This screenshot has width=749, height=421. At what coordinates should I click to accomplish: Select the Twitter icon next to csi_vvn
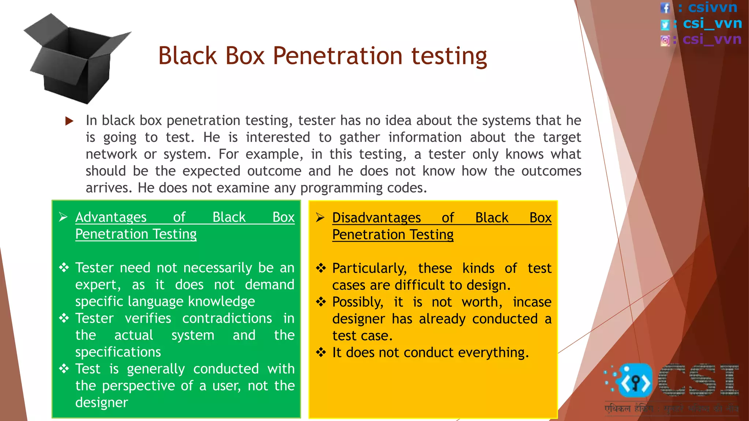point(665,24)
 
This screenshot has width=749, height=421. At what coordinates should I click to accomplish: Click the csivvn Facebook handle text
point(712,7)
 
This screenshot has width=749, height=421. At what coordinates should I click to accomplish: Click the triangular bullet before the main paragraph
point(69,121)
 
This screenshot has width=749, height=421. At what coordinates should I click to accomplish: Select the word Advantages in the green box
point(111,217)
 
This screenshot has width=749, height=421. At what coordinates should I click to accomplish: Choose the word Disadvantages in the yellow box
point(376,218)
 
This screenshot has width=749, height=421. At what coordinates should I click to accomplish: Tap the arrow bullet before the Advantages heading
point(63,217)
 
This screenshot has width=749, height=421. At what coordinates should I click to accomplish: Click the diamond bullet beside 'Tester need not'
point(64,268)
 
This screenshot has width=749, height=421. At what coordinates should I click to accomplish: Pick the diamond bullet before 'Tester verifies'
point(64,318)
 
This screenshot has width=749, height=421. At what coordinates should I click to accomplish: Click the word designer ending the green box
point(101,402)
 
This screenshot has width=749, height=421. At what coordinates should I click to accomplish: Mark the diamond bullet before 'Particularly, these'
point(321,269)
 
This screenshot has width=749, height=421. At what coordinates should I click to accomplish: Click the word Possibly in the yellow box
point(357,302)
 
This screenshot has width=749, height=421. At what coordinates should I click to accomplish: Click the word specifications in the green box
point(118,352)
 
